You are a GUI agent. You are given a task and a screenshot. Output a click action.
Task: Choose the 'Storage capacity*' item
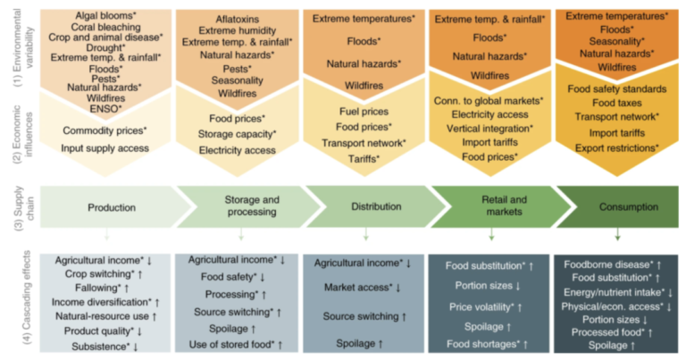(237, 134)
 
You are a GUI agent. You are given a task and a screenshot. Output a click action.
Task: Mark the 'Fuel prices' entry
(364, 111)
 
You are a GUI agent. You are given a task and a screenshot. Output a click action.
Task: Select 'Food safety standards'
(616, 89)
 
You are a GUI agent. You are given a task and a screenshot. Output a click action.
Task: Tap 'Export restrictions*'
(616, 147)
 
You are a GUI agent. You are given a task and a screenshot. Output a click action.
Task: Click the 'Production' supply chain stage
(112, 207)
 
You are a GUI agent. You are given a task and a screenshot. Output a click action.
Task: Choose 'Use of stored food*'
(237, 344)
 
